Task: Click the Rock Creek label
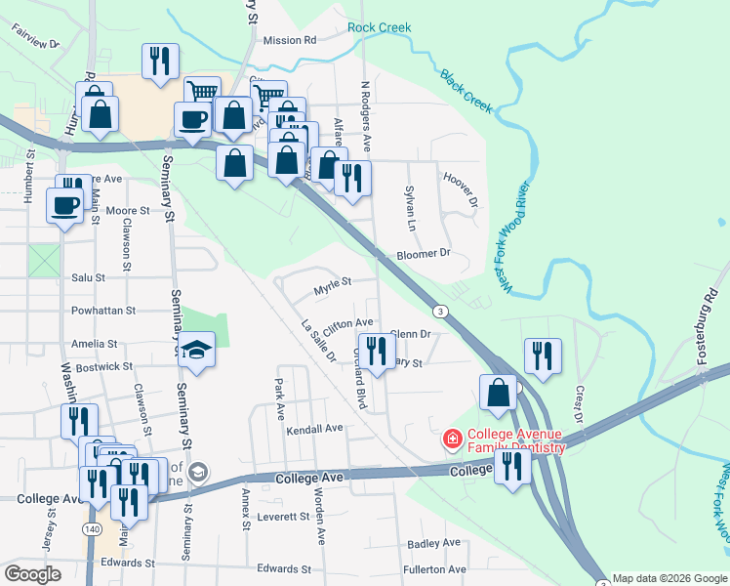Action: tap(380, 28)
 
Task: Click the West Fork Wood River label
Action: tap(516, 234)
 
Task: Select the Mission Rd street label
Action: tap(290, 41)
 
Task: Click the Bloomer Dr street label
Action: tap(423, 254)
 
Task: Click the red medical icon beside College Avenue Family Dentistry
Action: tap(452, 439)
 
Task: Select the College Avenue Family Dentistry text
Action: tap(516, 440)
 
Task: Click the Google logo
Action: tap(33, 574)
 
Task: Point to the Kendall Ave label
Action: tap(314, 429)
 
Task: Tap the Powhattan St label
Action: tap(102, 311)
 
